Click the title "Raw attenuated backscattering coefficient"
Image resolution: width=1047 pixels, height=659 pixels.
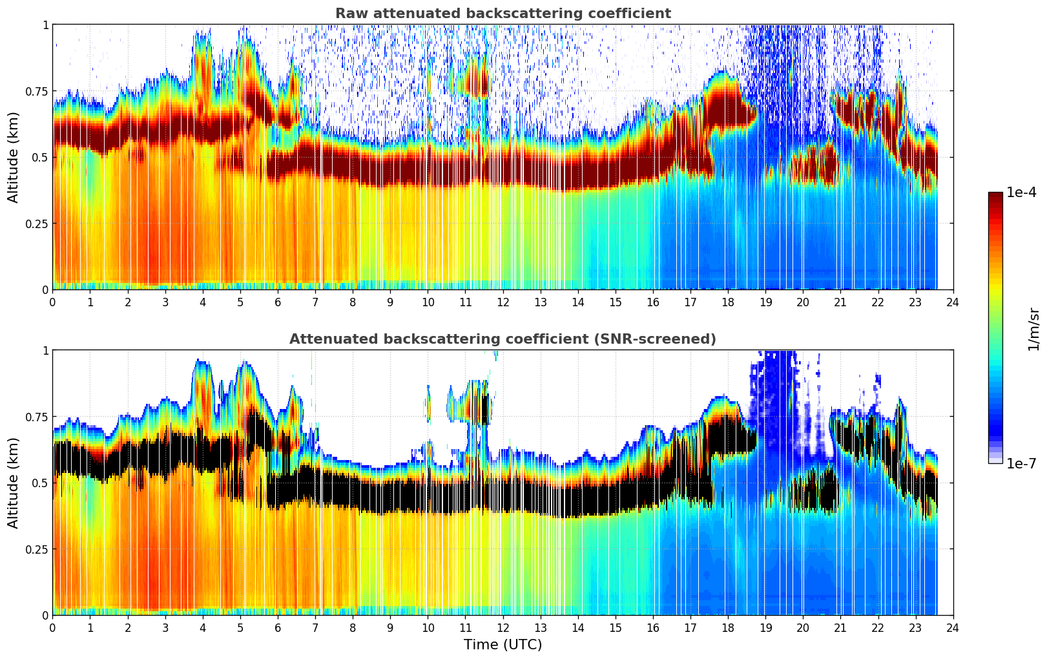tap(503, 14)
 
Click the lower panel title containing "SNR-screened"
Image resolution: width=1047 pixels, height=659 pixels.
tap(503, 339)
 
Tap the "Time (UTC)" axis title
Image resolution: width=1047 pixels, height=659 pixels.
tap(503, 645)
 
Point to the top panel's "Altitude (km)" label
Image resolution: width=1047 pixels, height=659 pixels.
tap(14, 157)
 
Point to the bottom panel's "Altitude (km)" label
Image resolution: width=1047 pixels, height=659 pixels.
tap(14, 483)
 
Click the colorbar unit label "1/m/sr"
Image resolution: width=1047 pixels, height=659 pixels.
tap(1033, 329)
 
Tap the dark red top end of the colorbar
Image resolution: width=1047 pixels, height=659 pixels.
tap(995, 196)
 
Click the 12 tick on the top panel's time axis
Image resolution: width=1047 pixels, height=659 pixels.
tap(503, 302)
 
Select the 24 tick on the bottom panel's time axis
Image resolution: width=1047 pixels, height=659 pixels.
tap(953, 627)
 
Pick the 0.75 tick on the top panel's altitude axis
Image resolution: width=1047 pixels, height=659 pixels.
tap(37, 91)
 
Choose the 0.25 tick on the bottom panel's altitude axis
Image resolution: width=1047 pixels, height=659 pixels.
tap(37, 549)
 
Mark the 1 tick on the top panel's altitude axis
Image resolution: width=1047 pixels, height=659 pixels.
tap(45, 25)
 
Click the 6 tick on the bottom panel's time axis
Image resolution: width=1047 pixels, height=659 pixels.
tap(278, 627)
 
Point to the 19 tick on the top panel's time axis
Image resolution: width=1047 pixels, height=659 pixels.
tap(765, 302)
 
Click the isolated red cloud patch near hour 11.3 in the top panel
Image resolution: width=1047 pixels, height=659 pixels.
tap(478, 83)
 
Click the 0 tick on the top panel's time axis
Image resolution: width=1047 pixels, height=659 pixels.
tap(53, 302)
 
